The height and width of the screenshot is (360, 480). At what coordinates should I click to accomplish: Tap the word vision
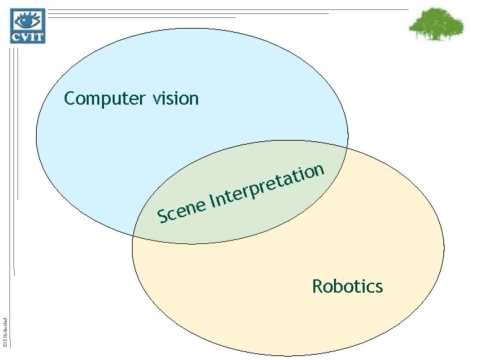[175, 99]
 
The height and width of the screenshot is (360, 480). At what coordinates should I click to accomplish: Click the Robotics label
[347, 287]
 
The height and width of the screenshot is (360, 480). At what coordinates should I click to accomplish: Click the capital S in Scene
[162, 216]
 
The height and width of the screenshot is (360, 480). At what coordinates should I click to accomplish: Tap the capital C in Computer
[69, 99]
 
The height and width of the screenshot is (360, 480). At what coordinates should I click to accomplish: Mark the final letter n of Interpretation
[319, 169]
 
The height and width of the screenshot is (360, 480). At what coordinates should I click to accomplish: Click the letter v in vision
[156, 100]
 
